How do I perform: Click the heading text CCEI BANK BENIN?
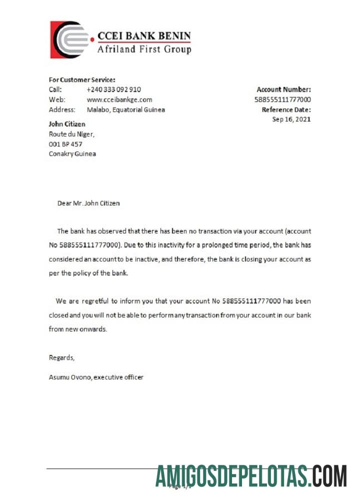coord(144,36)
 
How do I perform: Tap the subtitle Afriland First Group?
coord(144,49)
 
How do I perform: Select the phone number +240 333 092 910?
coord(113,89)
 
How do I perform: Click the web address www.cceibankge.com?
coord(119,99)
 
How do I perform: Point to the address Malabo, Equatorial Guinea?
coord(125,109)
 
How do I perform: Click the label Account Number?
coord(283,89)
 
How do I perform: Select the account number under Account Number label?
coord(282,99)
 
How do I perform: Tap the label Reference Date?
coord(286,109)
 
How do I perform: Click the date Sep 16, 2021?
coord(291,119)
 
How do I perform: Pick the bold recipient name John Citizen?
coord(67,124)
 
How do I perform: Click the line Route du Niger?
coord(71,134)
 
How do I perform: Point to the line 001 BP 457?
coord(65,144)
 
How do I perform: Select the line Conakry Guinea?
coord(72,153)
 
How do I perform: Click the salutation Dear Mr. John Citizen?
coord(88,203)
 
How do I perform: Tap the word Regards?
coord(61,357)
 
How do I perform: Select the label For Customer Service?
coord(82,79)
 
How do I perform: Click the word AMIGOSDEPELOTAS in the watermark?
coord(230,476)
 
